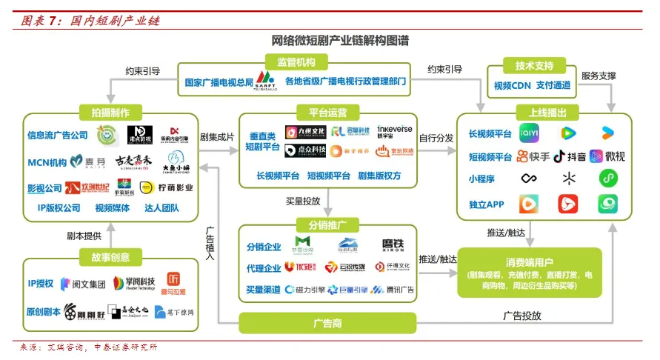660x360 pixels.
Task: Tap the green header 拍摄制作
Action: [110, 113]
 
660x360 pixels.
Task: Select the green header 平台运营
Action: [327, 113]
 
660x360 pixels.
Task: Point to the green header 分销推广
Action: [327, 225]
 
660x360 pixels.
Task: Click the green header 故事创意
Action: [110, 257]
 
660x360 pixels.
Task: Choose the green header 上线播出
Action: [547, 113]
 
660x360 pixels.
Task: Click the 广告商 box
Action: [327, 323]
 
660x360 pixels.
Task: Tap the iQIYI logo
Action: [528, 133]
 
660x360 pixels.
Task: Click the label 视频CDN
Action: [512, 86]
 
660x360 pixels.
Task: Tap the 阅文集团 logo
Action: [84, 283]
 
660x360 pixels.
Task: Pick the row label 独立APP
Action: [486, 204]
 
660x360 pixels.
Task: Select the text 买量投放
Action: [303, 201]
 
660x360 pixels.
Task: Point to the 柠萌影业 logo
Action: [168, 187]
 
